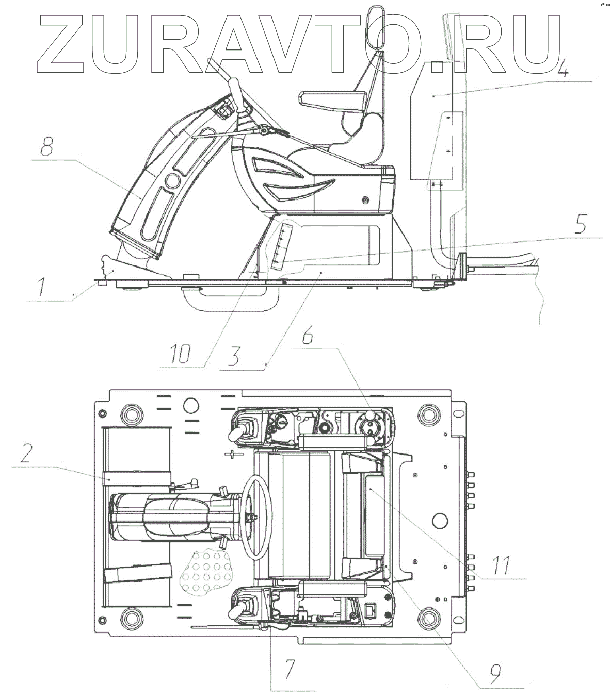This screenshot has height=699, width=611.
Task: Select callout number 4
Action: point(563,67)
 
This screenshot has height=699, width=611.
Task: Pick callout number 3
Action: point(235,355)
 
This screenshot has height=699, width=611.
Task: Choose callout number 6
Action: point(308,338)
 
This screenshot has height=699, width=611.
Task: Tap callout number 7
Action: point(290,670)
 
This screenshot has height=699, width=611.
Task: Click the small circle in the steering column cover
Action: point(171,182)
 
